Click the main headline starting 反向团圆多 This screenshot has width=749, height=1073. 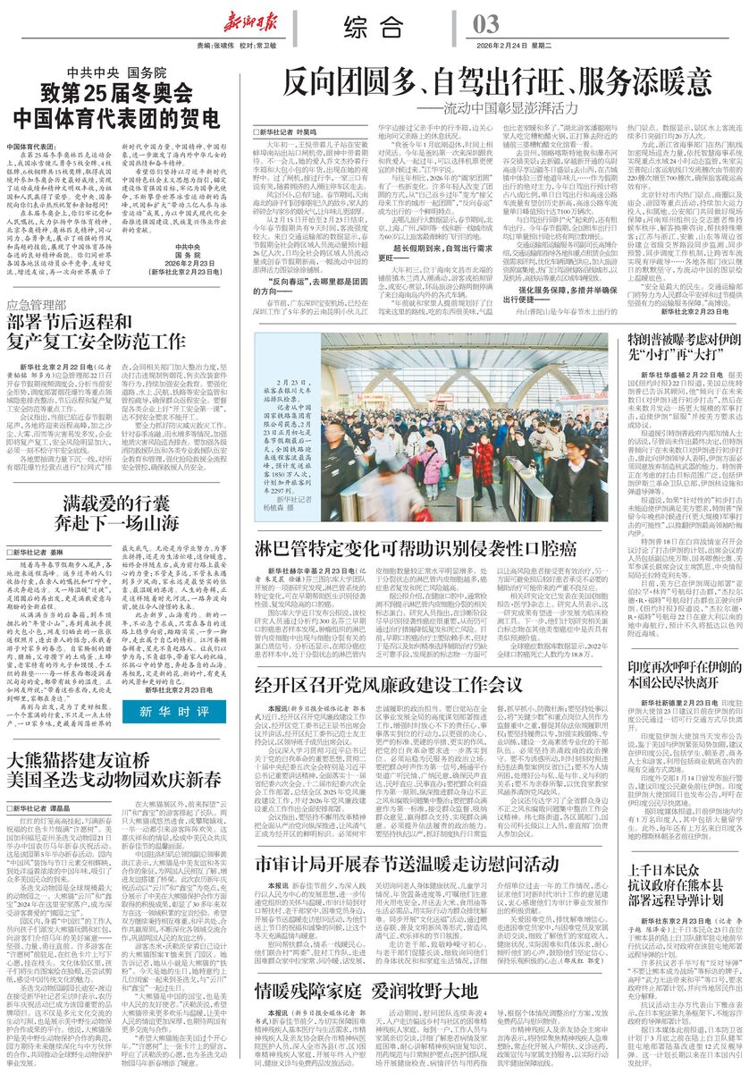click(x=495, y=85)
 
